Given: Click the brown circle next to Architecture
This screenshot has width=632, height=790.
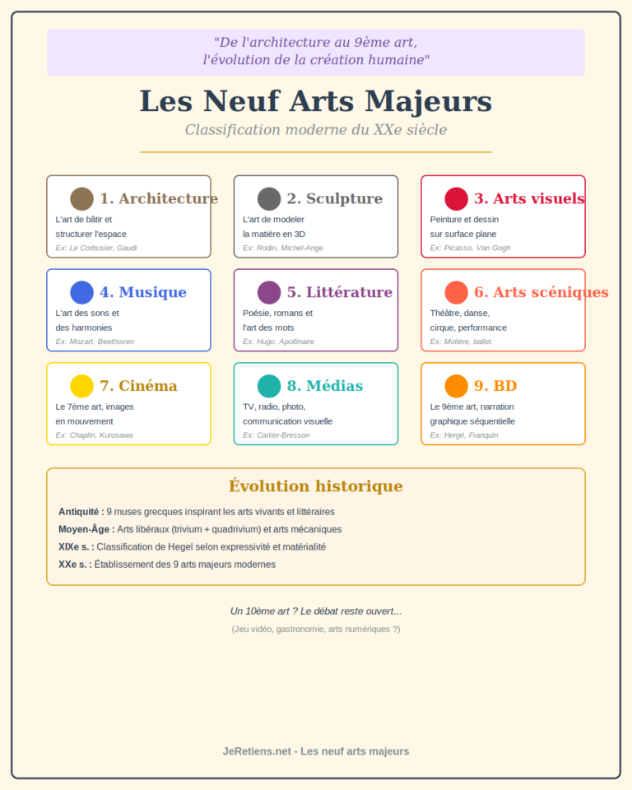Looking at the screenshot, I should click(x=81, y=198).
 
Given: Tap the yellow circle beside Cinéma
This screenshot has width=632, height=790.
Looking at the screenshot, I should click(x=81, y=386).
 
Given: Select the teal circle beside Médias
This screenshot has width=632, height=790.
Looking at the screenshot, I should click(x=269, y=386).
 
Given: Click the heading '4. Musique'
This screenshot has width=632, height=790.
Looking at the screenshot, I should click(x=142, y=292).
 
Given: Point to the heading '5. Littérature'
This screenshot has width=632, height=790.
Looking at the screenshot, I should click(x=339, y=292).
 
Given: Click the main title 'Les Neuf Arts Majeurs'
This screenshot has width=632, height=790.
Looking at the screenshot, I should click(x=316, y=101).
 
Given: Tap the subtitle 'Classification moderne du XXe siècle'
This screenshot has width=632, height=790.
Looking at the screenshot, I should click(x=316, y=130).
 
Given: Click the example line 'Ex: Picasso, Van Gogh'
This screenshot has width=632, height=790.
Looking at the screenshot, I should click(x=470, y=248).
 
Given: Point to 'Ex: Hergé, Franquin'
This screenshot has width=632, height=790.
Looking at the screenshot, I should click(x=464, y=435).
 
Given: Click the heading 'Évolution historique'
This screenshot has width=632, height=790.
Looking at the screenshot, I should click(x=316, y=486).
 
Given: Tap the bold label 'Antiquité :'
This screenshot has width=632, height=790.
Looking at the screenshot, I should click(x=81, y=512).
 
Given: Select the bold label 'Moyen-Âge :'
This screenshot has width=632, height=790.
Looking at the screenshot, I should click(x=86, y=529).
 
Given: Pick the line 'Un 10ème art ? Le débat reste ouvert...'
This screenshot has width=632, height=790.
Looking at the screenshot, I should click(x=316, y=611).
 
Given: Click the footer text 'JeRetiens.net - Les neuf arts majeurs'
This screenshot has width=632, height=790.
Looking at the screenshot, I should click(x=316, y=751).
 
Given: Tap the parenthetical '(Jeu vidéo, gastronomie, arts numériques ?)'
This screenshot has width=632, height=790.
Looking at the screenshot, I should click(x=316, y=630).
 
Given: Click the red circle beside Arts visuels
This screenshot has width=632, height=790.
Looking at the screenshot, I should click(x=456, y=198).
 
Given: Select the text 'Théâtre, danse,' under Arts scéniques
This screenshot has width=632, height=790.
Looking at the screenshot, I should click(x=459, y=314).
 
